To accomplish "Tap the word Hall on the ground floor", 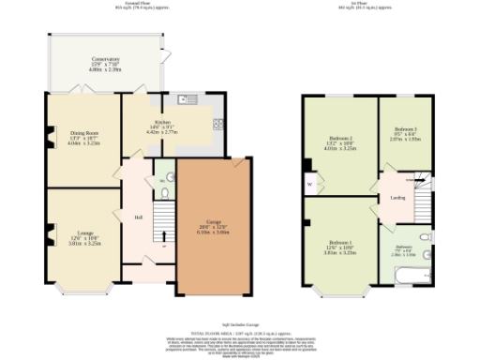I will (138, 217).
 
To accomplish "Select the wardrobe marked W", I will (308, 184).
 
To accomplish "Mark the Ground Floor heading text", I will (105, 4).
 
